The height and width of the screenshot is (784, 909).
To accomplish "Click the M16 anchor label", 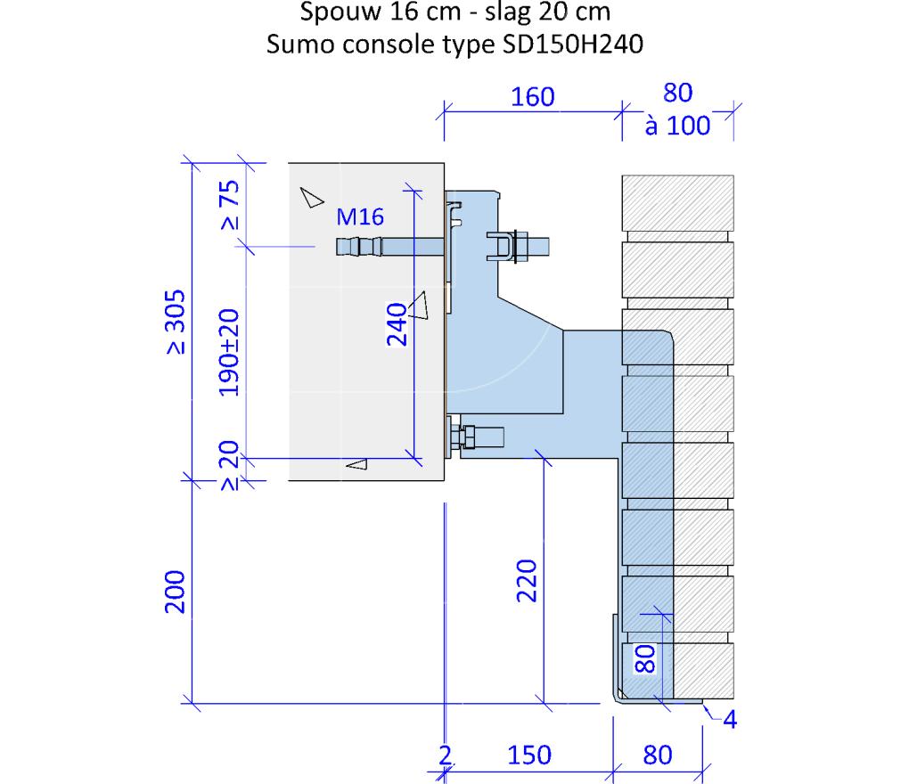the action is pos(360,216).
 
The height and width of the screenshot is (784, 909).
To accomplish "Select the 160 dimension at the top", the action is pos(532,96).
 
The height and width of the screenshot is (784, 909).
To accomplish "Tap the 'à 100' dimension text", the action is pos(677,125).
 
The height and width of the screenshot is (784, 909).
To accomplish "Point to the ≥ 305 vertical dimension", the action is pos(176,322).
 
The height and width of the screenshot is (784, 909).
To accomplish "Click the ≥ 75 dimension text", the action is pos(230,205).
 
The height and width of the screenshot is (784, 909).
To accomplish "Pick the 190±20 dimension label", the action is pos(229,353).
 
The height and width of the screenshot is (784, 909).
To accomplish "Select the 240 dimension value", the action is pos(397,324).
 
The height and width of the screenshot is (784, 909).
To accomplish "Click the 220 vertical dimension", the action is pos(527,581).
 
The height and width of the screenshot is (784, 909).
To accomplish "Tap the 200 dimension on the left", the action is pos(175,592).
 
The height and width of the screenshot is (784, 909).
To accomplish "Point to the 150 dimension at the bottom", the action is pos(529,755).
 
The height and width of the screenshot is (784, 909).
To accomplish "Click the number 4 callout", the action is pos(730,719).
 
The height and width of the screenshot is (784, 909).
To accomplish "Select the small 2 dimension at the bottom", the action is pos(445,755).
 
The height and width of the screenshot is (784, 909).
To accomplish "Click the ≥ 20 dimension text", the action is pos(230,465).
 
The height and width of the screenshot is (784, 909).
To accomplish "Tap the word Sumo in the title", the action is pos(300,44).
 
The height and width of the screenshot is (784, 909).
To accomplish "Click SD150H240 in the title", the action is pos(573,44).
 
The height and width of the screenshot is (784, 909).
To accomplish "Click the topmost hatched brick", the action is pos(677,203).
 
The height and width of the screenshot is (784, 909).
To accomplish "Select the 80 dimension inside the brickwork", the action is pos(644,659).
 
